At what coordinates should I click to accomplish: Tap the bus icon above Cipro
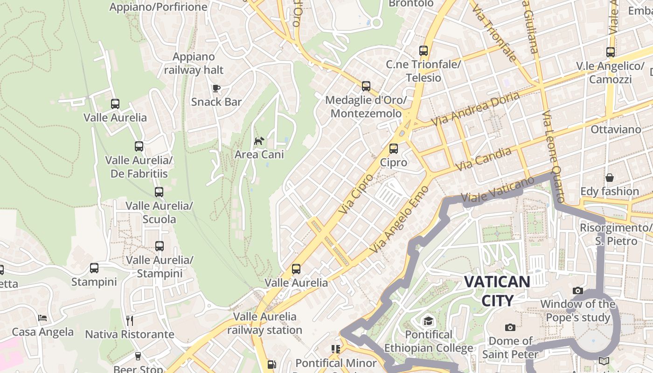pyautogui.click(x=394, y=149)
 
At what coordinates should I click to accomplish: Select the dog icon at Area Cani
pyautogui.click(x=259, y=141)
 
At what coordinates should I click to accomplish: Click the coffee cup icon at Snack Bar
pyautogui.click(x=216, y=88)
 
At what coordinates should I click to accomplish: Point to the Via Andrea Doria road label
pyautogui.click(x=475, y=109)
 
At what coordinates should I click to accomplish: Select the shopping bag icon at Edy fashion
pyautogui.click(x=609, y=178)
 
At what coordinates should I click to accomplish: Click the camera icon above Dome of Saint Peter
pyautogui.click(x=510, y=327)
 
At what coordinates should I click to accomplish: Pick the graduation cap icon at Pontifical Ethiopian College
pyautogui.click(x=428, y=321)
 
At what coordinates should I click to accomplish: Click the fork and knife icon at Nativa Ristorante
pyautogui.click(x=130, y=320)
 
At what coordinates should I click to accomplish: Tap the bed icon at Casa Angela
pyautogui.click(x=42, y=318)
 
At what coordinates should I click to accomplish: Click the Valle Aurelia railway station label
pyautogui.click(x=265, y=323)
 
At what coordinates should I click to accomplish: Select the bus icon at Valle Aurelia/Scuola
pyautogui.click(x=159, y=192)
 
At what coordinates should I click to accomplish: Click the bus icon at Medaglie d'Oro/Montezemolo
pyautogui.click(x=366, y=86)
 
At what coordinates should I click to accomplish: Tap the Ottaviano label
pyautogui.click(x=616, y=129)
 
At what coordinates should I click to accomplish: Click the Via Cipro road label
pyautogui.click(x=356, y=194)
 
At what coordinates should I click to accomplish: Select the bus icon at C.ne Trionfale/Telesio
pyautogui.click(x=424, y=51)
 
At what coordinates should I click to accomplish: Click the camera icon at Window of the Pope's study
pyautogui.click(x=578, y=290)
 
